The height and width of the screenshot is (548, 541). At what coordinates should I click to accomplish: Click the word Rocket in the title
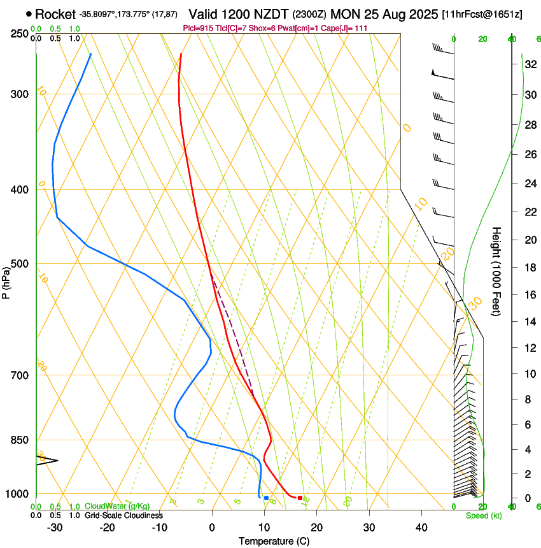[x=55, y=14]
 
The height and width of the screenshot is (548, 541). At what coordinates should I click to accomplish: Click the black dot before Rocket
[x=29, y=13]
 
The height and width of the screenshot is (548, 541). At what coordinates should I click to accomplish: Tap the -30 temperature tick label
[x=55, y=528]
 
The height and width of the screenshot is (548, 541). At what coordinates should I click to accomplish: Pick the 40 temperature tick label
[x=421, y=528]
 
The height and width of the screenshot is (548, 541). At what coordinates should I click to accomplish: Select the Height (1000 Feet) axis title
[x=496, y=271]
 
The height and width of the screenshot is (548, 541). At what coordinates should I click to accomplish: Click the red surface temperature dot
[x=300, y=498]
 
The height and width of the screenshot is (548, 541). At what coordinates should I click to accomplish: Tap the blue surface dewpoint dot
[x=266, y=498]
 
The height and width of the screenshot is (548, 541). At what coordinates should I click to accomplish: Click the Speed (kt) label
[x=483, y=516]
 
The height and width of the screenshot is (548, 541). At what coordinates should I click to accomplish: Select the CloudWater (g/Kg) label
[x=117, y=506]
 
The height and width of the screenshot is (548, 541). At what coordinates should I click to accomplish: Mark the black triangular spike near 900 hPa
[x=47, y=460]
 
